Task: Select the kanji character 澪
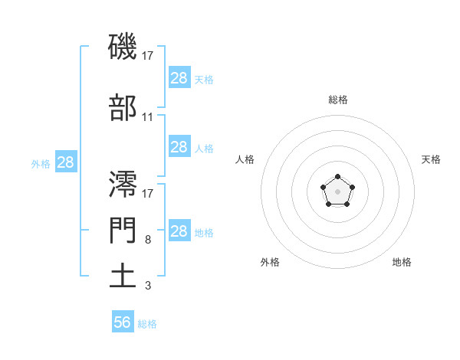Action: coord(123,184)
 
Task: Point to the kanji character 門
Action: coord(123,230)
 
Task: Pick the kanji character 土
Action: coord(123,275)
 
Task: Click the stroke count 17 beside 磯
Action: coord(148,56)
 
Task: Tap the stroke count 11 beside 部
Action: coord(148,117)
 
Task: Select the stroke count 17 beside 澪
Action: coord(148,193)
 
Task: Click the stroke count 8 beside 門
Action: coord(147,240)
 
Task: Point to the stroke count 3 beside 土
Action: coord(147,286)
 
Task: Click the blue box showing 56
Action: coord(123,322)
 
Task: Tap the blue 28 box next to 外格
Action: coord(65,162)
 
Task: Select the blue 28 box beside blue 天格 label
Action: coord(179,78)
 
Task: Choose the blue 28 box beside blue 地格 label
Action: coord(179,231)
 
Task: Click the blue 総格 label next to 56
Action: coord(147,324)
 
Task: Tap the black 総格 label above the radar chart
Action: coord(337,100)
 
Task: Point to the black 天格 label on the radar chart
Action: coord(431,159)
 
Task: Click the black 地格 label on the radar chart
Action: coord(402,262)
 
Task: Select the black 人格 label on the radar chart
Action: coord(245,159)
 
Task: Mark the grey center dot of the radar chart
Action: coord(337,190)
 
